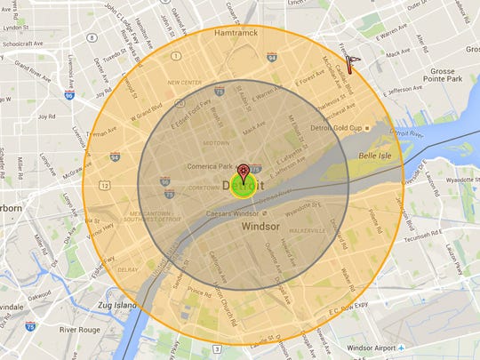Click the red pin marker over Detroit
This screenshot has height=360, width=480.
[244, 172]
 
